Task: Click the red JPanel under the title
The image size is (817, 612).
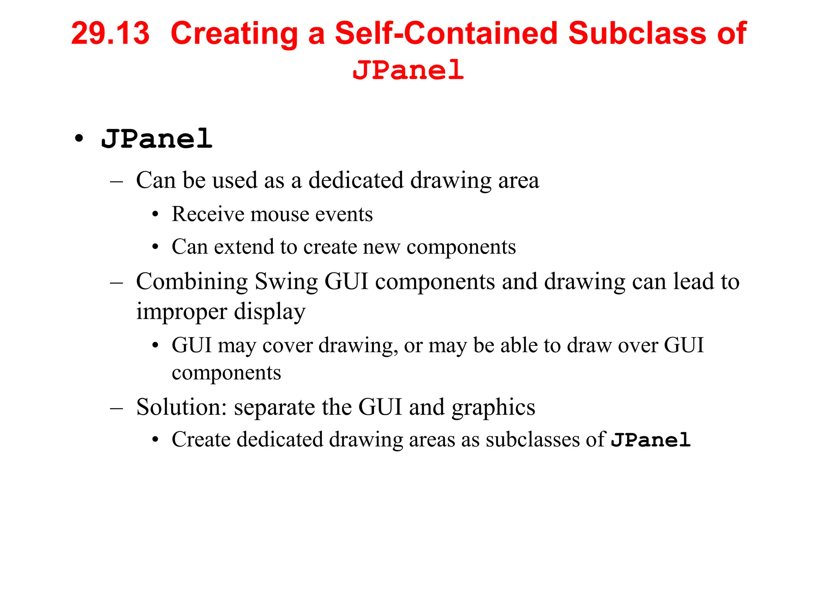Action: pos(408,70)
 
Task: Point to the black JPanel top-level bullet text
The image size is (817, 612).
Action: pos(157,139)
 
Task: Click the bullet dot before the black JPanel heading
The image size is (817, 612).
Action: pos(79,139)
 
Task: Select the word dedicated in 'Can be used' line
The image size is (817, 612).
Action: pos(356,180)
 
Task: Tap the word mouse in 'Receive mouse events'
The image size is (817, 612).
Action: pos(279,214)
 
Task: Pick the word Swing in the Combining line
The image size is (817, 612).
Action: pos(286,282)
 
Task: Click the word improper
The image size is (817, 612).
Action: pos(182,312)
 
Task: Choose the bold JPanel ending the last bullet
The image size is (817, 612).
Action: pos(651,440)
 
